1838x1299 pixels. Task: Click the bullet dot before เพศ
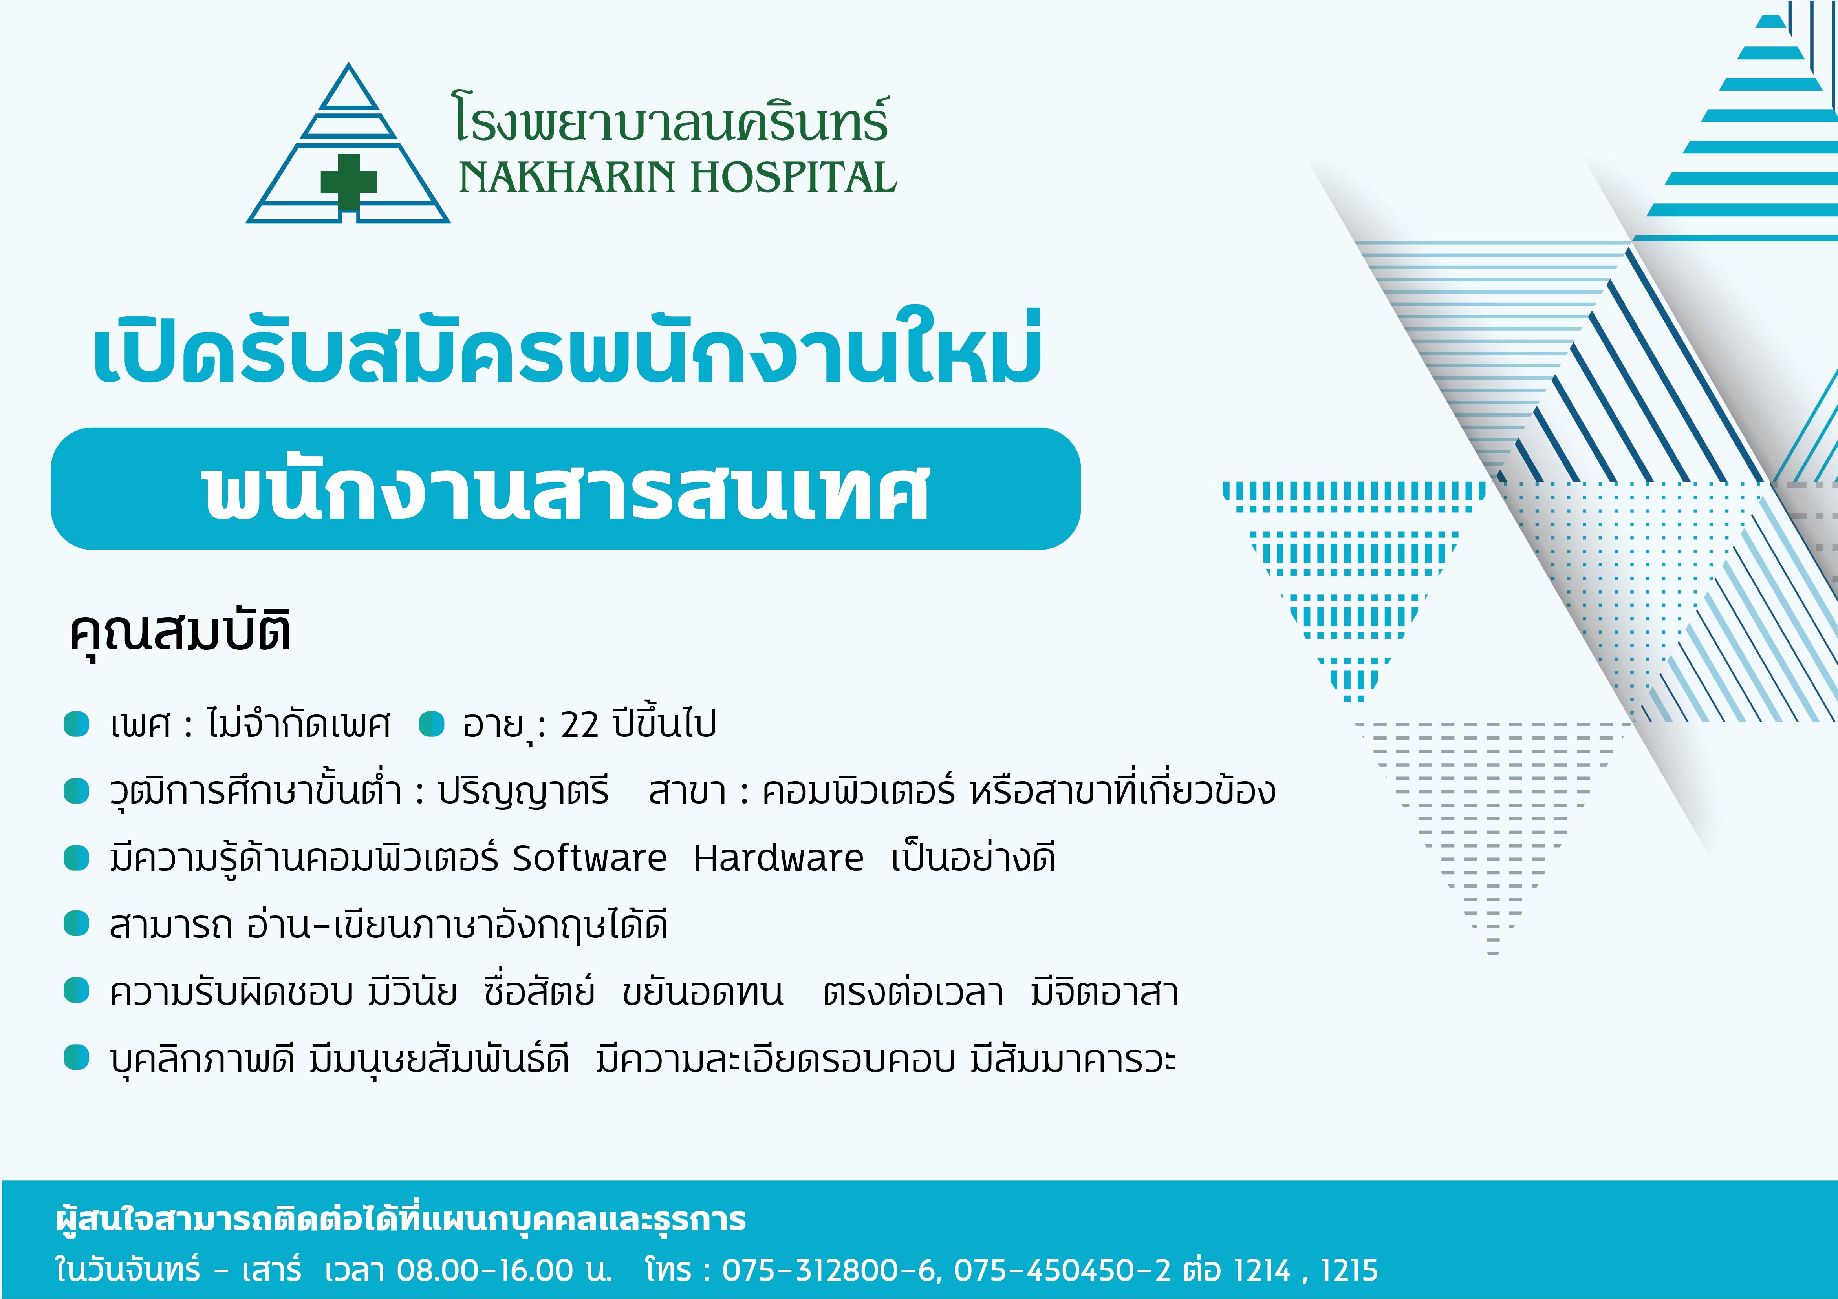click(x=76, y=724)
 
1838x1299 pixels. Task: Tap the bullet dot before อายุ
click(x=432, y=724)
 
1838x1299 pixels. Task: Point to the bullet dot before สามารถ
click(x=76, y=924)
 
